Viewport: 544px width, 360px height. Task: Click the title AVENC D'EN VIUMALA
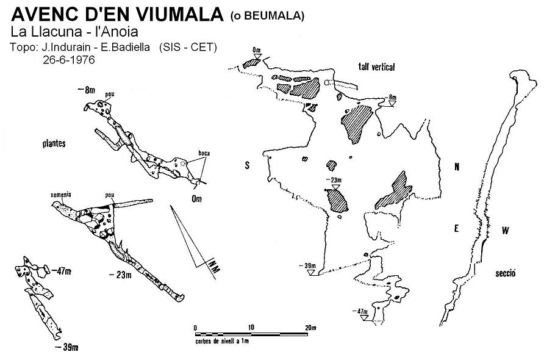[117, 14]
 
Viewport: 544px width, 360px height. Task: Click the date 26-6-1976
[69, 60]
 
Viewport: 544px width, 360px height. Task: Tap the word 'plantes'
[54, 143]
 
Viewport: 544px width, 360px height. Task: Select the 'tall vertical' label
[376, 67]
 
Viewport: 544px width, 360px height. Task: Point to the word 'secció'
[506, 273]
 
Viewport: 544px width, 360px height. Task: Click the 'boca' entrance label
[204, 153]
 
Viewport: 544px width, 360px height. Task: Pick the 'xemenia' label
[61, 195]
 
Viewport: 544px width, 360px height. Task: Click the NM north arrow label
[214, 267]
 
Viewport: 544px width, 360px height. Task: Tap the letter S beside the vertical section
[247, 165]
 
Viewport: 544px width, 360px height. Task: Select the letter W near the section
[505, 230]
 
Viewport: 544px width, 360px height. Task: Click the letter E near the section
[457, 228]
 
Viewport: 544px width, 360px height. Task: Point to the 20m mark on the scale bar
[310, 328]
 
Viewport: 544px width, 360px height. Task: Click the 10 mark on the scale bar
[251, 327]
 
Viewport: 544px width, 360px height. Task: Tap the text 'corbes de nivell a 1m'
[222, 341]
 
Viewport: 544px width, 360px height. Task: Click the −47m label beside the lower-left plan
[62, 271]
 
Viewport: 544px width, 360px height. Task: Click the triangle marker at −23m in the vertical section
[335, 187]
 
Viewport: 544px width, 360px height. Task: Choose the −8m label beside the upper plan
[87, 90]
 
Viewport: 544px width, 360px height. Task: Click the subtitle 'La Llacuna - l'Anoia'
[74, 32]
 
